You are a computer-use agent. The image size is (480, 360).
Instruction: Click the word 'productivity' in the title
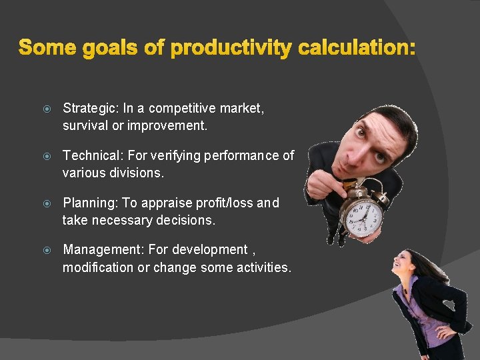pos(231,48)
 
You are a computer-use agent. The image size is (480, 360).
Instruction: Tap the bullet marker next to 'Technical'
pos(45,156)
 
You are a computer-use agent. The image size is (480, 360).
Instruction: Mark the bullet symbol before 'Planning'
pos(45,203)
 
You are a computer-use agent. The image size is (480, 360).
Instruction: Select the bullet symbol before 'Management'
pos(45,250)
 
